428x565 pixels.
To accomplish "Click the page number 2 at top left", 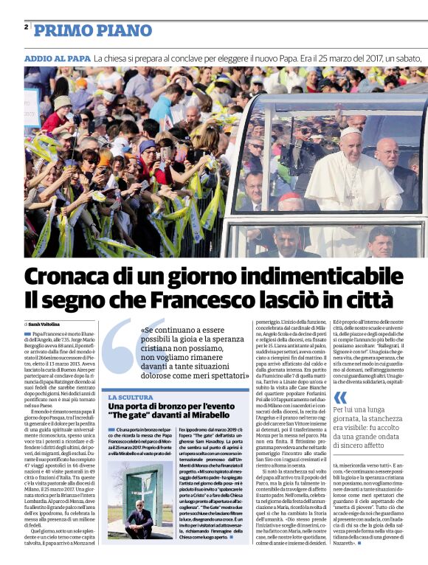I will (x=26, y=27).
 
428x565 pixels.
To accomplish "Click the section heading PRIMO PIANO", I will (x=83, y=31).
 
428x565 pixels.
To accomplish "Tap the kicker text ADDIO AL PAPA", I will (x=57, y=57).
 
